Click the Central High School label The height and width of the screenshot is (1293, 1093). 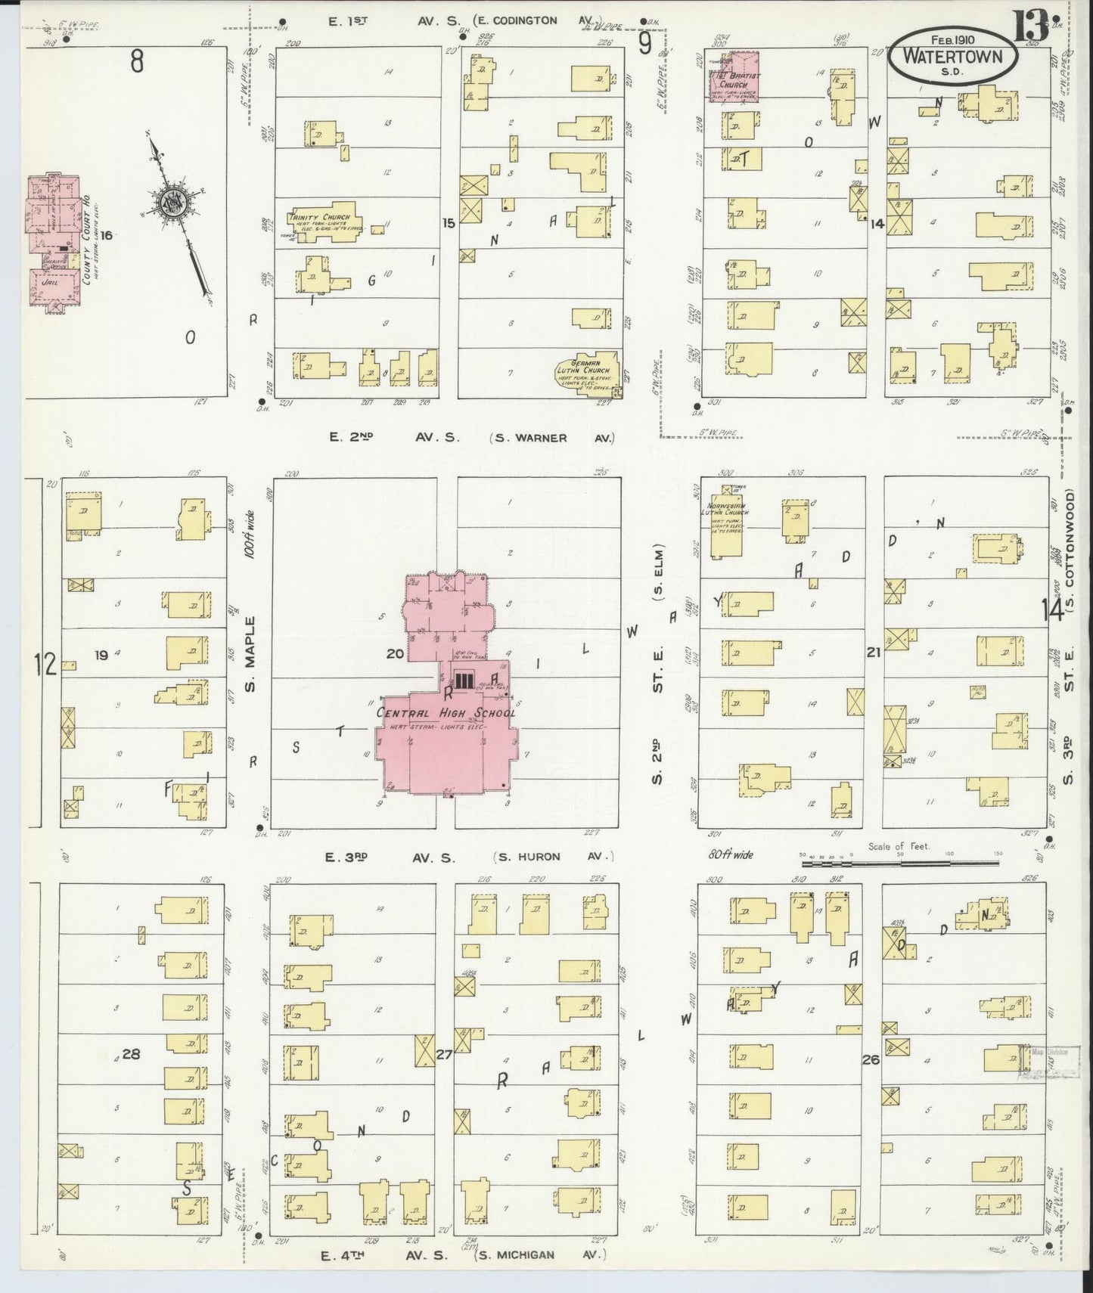[x=446, y=712]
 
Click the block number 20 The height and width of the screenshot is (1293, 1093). [x=395, y=653]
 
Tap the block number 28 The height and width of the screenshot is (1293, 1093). [x=131, y=1053]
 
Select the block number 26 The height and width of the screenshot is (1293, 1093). [x=871, y=1059]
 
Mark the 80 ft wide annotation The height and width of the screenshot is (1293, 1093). [x=731, y=854]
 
